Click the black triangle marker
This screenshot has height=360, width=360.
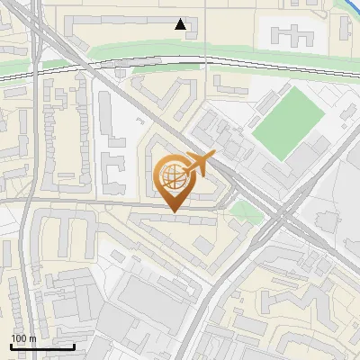tap(181, 24)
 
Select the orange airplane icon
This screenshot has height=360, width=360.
tap(198, 165)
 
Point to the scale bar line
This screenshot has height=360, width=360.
tap(41, 346)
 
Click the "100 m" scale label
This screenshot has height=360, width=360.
tap(23, 337)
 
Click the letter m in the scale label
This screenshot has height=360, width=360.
tap(31, 337)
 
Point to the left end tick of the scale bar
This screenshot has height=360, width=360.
tap(11, 345)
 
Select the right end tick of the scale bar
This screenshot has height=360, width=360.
tap(74, 345)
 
